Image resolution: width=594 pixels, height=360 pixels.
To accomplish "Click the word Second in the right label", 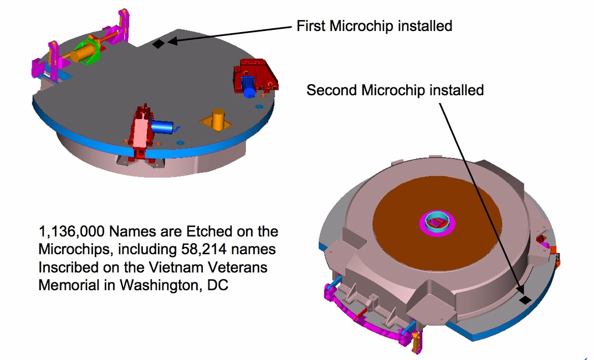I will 332,90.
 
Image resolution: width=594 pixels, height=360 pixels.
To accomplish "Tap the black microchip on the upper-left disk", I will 158,44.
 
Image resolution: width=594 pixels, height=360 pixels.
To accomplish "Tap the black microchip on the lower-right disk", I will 524,300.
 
